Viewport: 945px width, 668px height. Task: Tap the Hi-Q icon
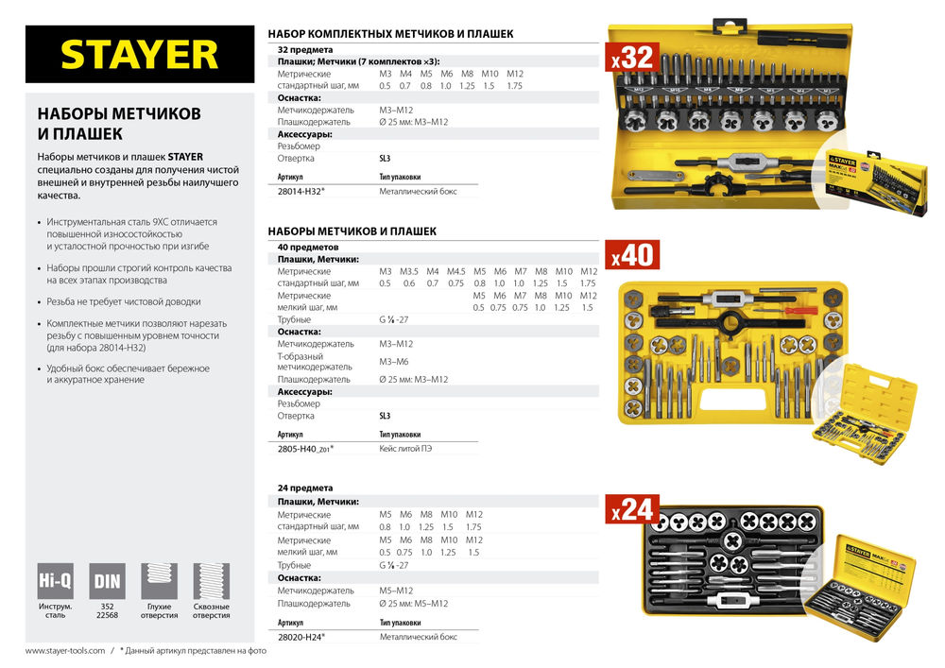(x=50, y=578)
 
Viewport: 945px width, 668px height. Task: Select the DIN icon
(x=107, y=578)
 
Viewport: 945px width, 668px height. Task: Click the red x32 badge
(x=631, y=58)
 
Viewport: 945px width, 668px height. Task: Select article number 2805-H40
(x=305, y=449)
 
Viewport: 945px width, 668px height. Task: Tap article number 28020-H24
(x=301, y=637)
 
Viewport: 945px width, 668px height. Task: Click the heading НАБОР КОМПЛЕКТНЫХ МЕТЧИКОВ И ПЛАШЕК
(x=391, y=33)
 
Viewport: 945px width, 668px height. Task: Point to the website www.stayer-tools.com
(x=64, y=651)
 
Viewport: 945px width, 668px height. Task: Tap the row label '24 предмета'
(x=304, y=488)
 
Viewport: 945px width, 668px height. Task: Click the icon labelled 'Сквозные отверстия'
(x=211, y=578)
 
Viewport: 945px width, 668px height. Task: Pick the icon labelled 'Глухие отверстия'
(x=159, y=578)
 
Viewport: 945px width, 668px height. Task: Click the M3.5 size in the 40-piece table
(x=408, y=271)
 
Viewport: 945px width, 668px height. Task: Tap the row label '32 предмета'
(x=304, y=49)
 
